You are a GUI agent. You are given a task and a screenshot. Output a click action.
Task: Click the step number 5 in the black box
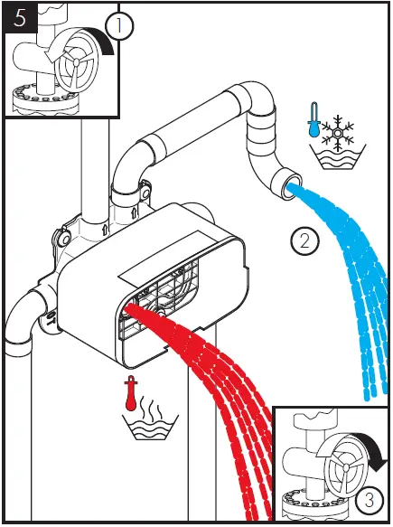click(x=20, y=18)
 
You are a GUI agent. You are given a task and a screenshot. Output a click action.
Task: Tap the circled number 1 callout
click(x=119, y=26)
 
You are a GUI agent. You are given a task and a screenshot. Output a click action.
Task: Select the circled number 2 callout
click(x=304, y=240)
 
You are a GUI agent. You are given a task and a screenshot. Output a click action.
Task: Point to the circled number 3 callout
click(x=369, y=500)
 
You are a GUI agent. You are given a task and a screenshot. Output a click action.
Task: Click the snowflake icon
click(x=338, y=134)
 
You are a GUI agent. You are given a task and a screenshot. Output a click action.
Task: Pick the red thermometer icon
click(x=130, y=393)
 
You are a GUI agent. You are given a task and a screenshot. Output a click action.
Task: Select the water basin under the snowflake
click(x=338, y=157)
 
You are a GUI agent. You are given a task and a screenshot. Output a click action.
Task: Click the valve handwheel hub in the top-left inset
click(x=76, y=61)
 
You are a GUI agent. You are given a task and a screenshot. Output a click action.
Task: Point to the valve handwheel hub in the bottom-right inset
click(x=346, y=466)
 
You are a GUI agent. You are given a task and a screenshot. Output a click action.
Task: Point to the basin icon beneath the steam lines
click(x=150, y=427)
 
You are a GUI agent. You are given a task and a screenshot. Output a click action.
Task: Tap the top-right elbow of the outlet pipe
click(x=256, y=96)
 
